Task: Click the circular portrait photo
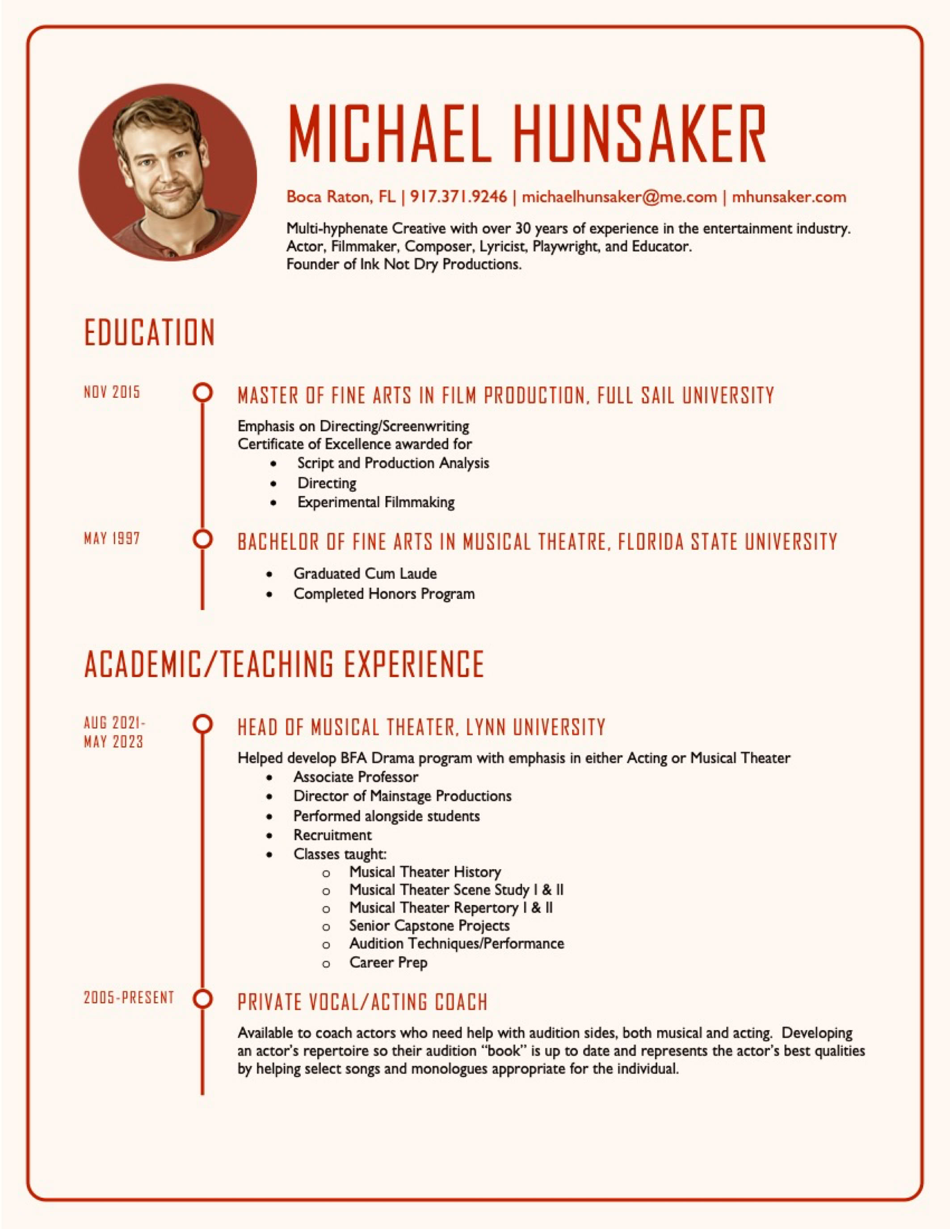pos(167,173)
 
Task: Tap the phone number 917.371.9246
pos(458,197)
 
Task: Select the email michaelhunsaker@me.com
pos(619,197)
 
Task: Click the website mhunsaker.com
pos(789,197)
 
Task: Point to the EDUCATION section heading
pos(150,333)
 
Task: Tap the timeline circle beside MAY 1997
pos(202,539)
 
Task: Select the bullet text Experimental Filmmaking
pos(376,502)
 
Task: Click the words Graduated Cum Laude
pos(365,573)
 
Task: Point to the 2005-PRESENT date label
pos(129,998)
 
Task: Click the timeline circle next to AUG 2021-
pos(202,724)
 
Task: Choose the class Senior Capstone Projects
pos(429,926)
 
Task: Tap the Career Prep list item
pos(388,962)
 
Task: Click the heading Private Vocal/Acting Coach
pos(362,1002)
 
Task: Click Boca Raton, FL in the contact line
pos(341,197)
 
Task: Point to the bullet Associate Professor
pos(356,777)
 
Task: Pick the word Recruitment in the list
pos(332,835)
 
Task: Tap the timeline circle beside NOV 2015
pos(202,392)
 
